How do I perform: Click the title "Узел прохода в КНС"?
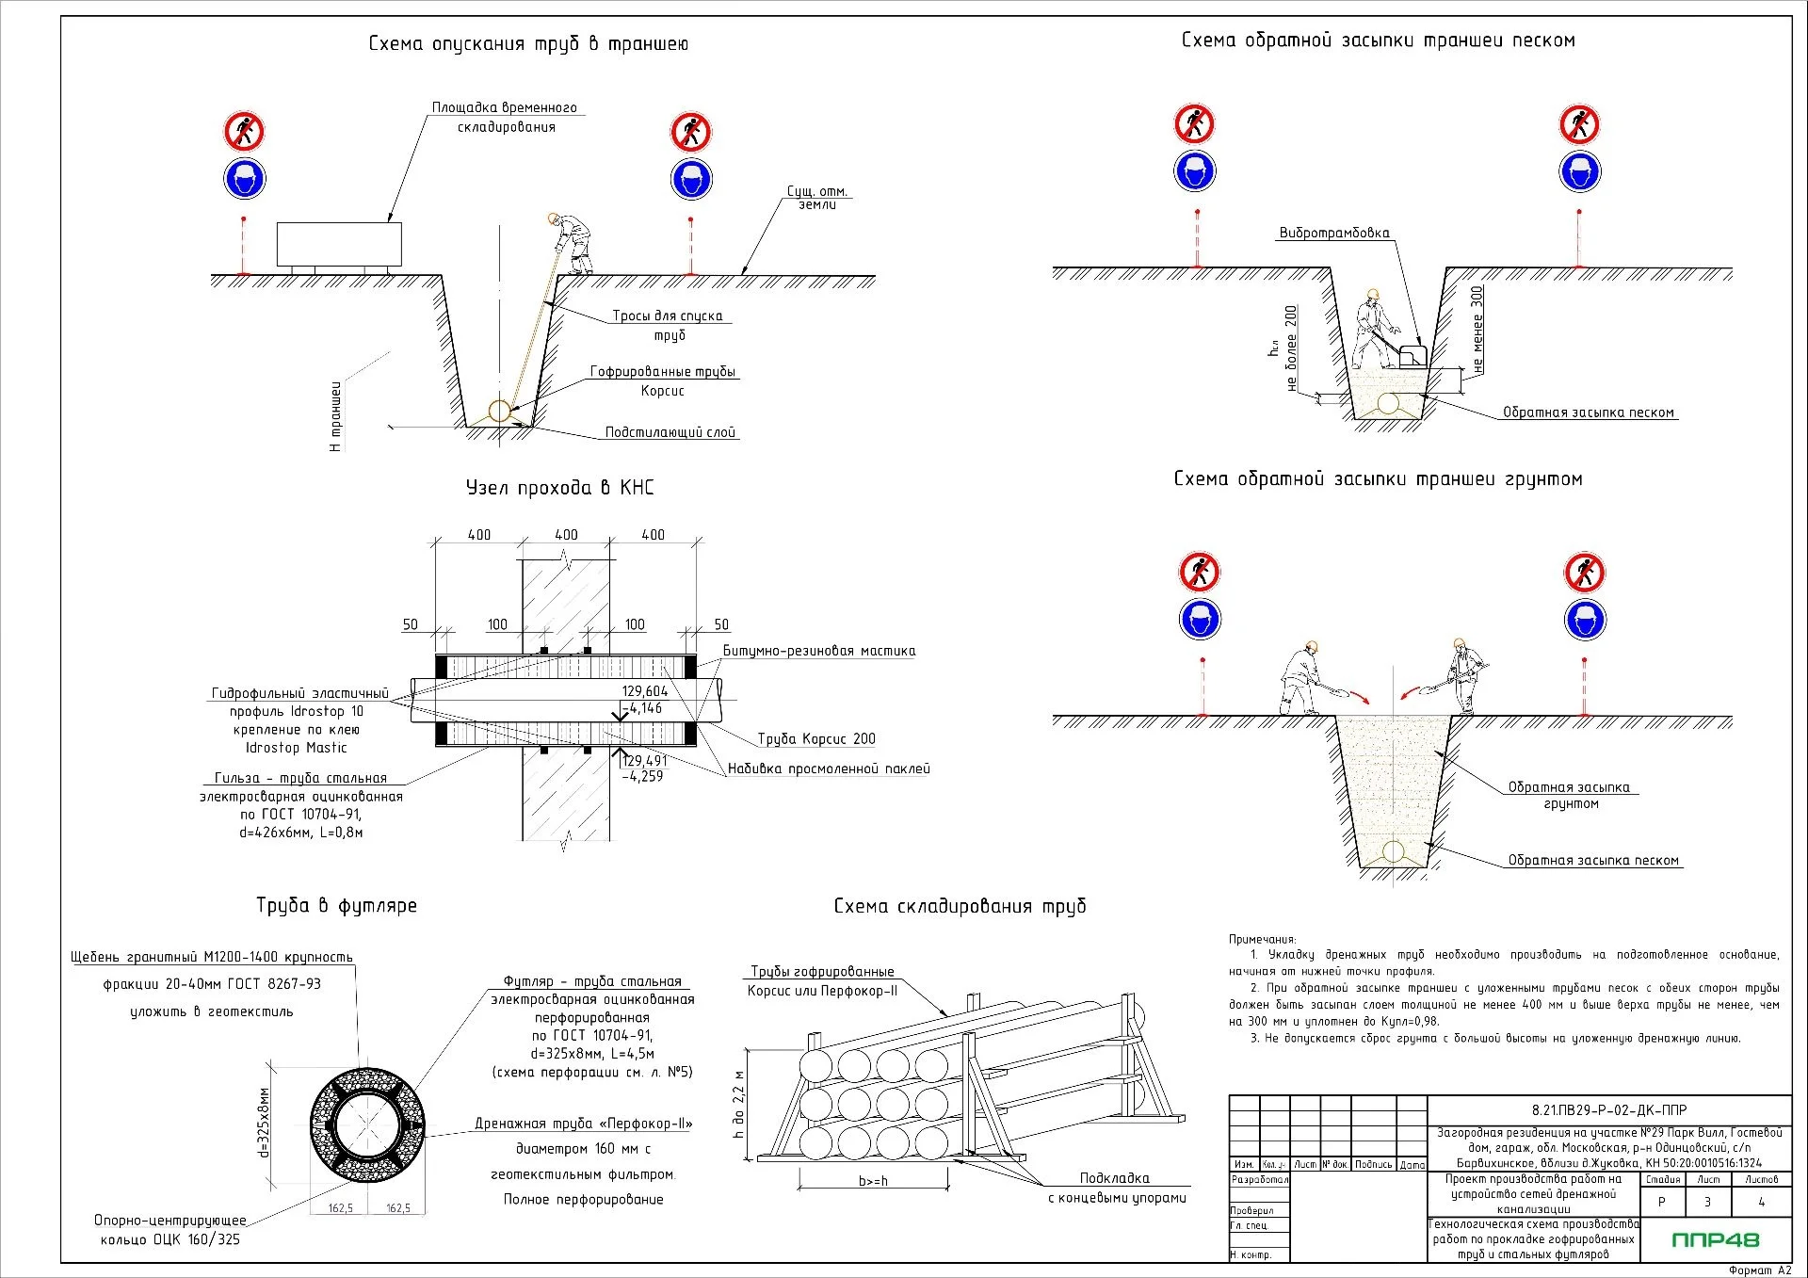click(559, 488)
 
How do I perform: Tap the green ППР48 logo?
click(1715, 1239)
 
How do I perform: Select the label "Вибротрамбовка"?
click(1333, 233)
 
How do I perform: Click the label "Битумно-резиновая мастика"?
click(818, 651)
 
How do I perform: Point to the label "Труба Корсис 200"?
click(816, 739)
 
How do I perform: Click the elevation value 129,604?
click(644, 691)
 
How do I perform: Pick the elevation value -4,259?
click(642, 777)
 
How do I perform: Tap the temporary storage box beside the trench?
click(339, 245)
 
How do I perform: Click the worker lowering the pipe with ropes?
click(572, 242)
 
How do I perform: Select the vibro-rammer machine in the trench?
click(1412, 356)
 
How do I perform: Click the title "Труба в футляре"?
click(336, 906)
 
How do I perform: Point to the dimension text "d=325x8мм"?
click(265, 1123)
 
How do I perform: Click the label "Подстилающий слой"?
click(670, 432)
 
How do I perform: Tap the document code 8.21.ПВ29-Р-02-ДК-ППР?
click(1609, 1110)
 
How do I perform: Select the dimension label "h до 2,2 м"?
click(739, 1104)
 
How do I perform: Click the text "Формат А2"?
click(1759, 1270)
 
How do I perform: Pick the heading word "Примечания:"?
click(1262, 939)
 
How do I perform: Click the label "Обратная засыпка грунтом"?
click(1569, 795)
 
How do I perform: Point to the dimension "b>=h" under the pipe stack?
click(873, 1181)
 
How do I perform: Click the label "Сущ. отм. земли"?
click(817, 198)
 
